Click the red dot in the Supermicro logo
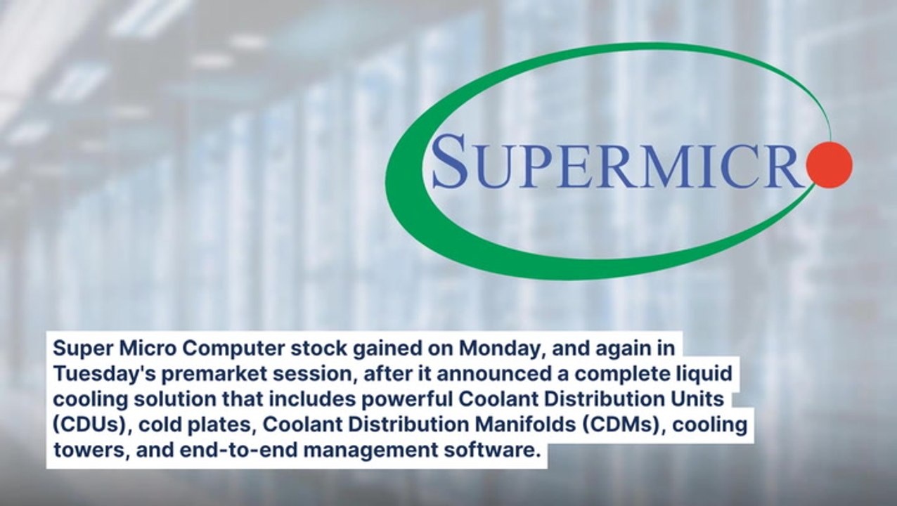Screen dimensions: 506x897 (830, 164)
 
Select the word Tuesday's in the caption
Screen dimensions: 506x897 (93, 373)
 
